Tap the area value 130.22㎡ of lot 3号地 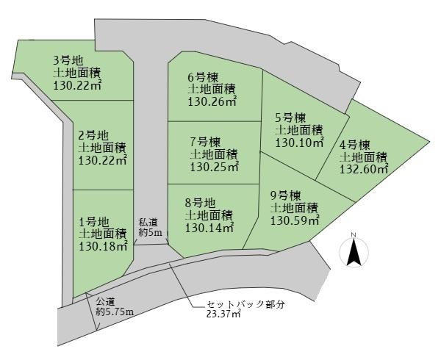point(77,85)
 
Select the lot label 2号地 point(93,134)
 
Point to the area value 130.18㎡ point(104,246)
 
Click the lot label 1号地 point(93,221)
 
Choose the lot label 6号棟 point(201,76)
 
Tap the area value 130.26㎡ point(212,101)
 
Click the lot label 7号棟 point(204,141)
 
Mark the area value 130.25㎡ point(215,167)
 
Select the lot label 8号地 point(198,203)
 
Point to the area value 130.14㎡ point(209,228)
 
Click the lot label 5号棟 point(290,118)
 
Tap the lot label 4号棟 point(354,144)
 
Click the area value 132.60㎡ point(364,169)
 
